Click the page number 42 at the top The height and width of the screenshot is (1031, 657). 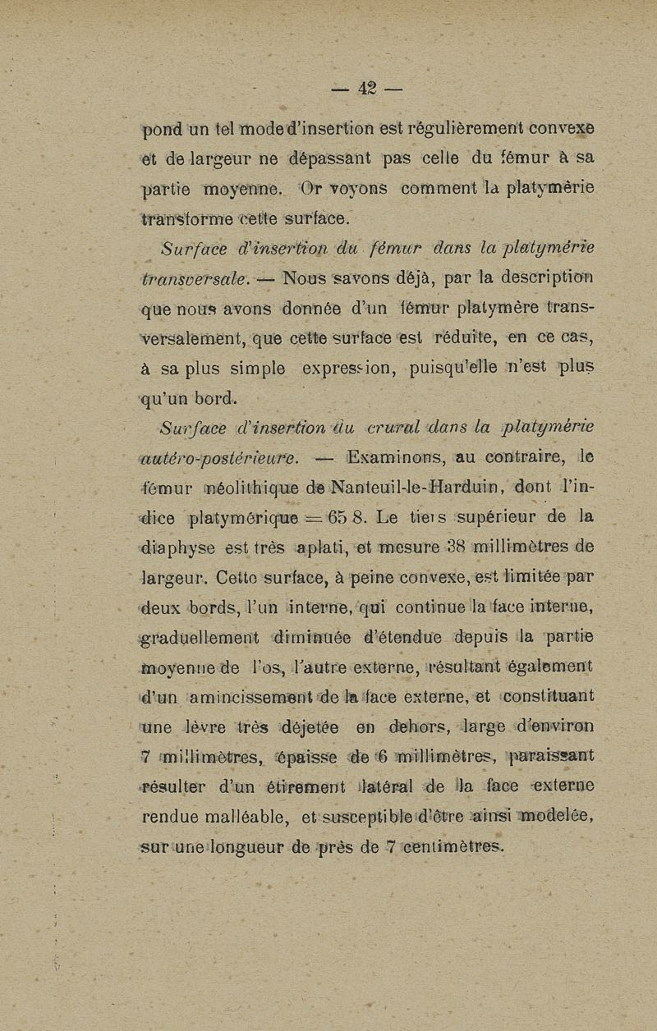(365, 87)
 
